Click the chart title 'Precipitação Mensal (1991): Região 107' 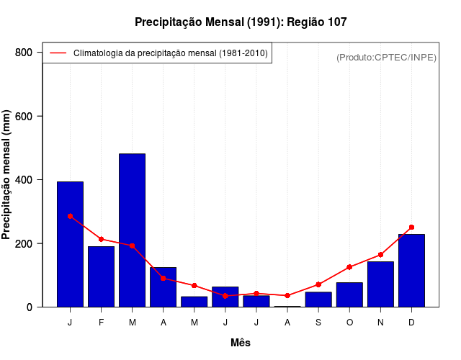(x=241, y=22)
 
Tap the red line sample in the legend (x=58, y=53)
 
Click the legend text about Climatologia (x=171, y=53)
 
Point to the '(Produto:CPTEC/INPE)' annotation (x=386, y=57)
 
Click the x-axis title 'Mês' (x=241, y=343)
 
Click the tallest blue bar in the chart (x=132, y=230)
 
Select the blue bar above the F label (x=101, y=276)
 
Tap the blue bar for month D (x=411, y=271)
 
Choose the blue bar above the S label (x=318, y=300)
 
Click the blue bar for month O (x=349, y=294)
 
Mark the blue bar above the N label (x=380, y=284)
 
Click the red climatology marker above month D (x=411, y=227)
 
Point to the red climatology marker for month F (x=101, y=239)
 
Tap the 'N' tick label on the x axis (x=380, y=323)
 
